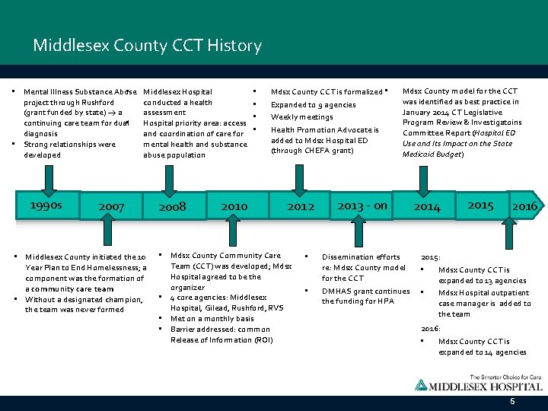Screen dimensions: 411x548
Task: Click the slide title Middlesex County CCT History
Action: pos(147,46)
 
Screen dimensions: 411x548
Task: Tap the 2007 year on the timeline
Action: pos(111,206)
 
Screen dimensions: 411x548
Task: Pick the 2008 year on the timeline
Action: pos(172,206)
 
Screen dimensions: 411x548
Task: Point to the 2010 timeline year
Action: pos(234,206)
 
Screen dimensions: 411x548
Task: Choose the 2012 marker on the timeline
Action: pos(301,206)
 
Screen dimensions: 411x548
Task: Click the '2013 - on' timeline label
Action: pos(362,205)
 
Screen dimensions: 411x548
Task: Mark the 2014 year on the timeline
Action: pos(427,206)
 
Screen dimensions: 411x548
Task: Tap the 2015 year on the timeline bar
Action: pos(480,205)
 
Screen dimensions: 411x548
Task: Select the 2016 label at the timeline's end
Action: pos(524,206)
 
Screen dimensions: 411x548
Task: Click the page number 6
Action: pos(512,400)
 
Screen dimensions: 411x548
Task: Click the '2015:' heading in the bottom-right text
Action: pos(430,257)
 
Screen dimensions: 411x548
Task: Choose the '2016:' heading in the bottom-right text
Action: pos(430,328)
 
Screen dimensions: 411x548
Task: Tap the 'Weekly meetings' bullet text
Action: pos(302,117)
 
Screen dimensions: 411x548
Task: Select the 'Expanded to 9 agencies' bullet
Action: pos(313,105)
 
